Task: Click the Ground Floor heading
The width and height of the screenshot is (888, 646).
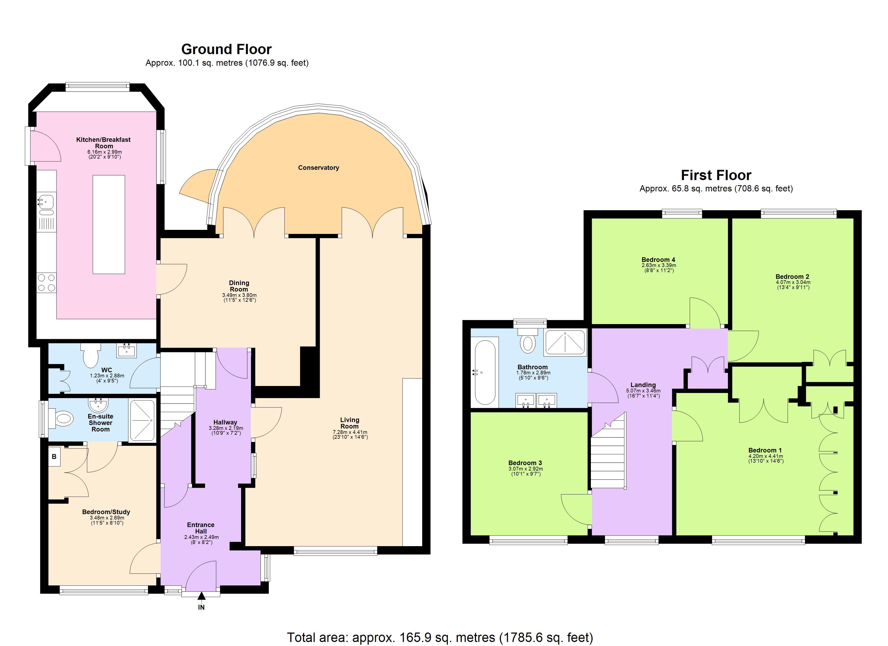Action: [226, 49]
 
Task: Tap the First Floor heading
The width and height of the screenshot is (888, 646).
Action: [716, 175]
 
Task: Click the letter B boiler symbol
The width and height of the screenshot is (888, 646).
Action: [54, 457]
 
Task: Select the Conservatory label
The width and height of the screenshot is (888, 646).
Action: [318, 168]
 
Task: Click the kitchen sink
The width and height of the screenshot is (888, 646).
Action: [46, 202]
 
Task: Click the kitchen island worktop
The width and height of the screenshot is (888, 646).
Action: [109, 224]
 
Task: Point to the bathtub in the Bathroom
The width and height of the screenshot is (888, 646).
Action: [484, 372]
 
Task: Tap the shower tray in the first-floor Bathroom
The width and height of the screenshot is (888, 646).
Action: [565, 343]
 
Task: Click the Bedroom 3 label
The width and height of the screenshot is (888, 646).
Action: [525, 463]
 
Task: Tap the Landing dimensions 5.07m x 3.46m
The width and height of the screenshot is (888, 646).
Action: [643, 391]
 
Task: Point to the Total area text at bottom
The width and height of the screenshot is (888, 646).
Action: [440, 637]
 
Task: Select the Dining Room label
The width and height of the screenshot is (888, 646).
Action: [239, 286]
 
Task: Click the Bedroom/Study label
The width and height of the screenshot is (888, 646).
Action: [106, 512]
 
